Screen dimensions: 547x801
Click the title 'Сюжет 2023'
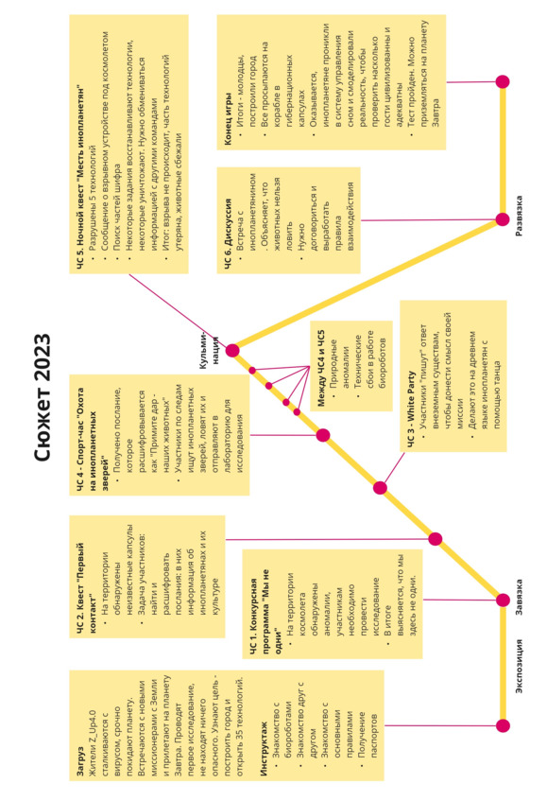pyautogui.click(x=43, y=398)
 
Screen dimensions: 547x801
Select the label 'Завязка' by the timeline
pyautogui.click(x=519, y=597)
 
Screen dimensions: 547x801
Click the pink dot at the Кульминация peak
pyautogui.click(x=232, y=351)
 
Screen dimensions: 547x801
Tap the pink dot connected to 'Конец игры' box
pyautogui.click(x=503, y=81)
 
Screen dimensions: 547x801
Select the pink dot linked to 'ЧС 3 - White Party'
pyautogui.click(x=380, y=488)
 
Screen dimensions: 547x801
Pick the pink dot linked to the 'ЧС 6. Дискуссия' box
pyautogui.click(x=503, y=219)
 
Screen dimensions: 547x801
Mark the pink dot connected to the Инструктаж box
pyautogui.click(x=503, y=725)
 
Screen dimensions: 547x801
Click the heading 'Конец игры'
pyautogui.click(x=228, y=118)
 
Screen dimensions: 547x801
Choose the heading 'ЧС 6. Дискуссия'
pyautogui.click(x=228, y=233)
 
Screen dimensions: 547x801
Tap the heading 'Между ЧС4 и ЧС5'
pyautogui.click(x=320, y=368)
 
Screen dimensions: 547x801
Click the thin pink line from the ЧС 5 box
pyautogui.click(x=179, y=312)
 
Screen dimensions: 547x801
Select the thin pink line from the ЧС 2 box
pyautogui.click(x=330, y=539)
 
